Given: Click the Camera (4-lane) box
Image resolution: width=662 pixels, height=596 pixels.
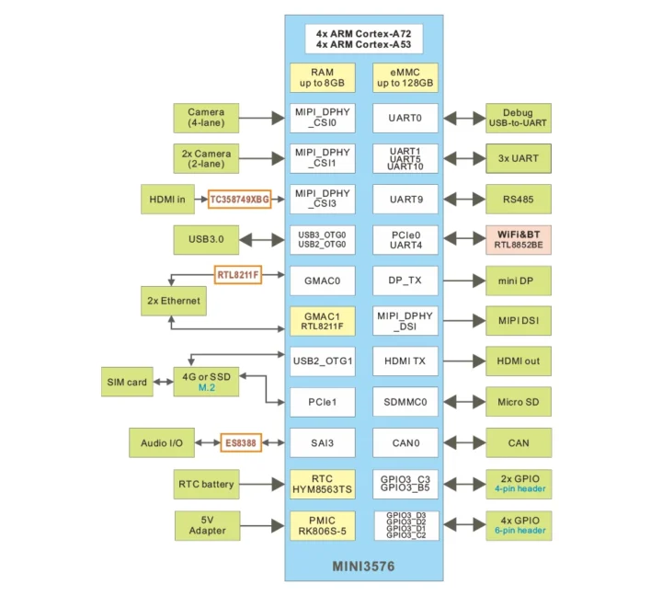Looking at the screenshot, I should (206, 118).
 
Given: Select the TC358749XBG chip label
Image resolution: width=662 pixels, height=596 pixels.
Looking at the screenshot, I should (240, 199).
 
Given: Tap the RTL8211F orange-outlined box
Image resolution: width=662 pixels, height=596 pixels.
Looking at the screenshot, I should (238, 274).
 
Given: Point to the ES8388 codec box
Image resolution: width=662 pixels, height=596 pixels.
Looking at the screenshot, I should (241, 443).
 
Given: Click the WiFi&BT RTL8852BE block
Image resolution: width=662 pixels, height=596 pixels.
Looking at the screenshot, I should (518, 239).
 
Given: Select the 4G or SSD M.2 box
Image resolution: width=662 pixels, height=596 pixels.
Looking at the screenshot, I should (206, 382).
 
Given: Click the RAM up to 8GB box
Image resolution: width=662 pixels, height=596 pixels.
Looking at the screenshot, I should (322, 77).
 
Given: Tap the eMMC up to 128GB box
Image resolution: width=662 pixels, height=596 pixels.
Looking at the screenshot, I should (405, 77).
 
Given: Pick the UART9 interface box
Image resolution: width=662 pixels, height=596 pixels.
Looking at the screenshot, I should (405, 199).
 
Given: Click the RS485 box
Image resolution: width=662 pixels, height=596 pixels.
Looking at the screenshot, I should (518, 199).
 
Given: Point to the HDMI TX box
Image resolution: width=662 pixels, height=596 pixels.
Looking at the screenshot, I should (405, 361).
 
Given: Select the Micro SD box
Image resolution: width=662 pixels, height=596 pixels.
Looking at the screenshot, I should (518, 402).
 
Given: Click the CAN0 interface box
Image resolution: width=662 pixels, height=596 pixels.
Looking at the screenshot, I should (405, 443).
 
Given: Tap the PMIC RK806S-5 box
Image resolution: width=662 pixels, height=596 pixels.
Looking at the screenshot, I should (322, 526).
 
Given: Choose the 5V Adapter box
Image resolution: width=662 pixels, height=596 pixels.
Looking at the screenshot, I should (206, 525).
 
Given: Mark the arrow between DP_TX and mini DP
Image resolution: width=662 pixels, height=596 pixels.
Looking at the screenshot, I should (462, 280).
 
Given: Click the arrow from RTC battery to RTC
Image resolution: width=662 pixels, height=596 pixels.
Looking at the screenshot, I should (262, 484).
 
